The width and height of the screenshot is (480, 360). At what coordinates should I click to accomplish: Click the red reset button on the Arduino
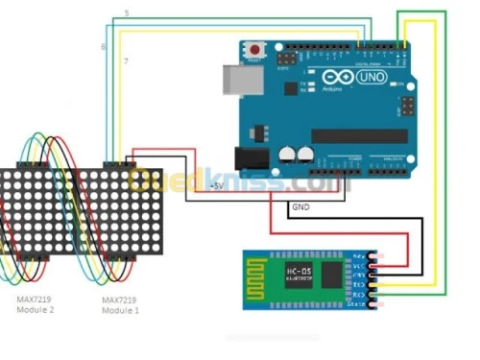255,48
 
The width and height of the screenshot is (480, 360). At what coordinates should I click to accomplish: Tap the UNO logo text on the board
370,76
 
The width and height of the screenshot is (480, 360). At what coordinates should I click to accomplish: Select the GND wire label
300,206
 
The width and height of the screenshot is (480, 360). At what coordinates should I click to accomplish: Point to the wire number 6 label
103,46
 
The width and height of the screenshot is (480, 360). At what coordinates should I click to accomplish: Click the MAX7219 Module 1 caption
120,305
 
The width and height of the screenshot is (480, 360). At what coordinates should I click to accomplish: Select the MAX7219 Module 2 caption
35,305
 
